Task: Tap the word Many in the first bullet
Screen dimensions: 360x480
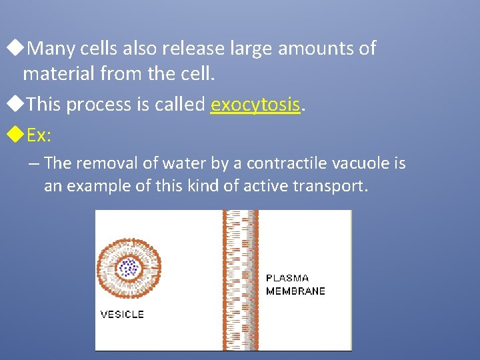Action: [x=52, y=49]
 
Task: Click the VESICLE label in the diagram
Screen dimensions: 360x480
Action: [x=121, y=314]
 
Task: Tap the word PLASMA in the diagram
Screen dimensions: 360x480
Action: [x=287, y=278]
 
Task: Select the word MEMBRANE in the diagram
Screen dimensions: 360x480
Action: [x=295, y=291]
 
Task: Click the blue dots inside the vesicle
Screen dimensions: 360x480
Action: [x=127, y=268]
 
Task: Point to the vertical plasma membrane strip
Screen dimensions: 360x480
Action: [x=240, y=280]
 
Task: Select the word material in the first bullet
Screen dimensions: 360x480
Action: [x=55, y=73]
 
